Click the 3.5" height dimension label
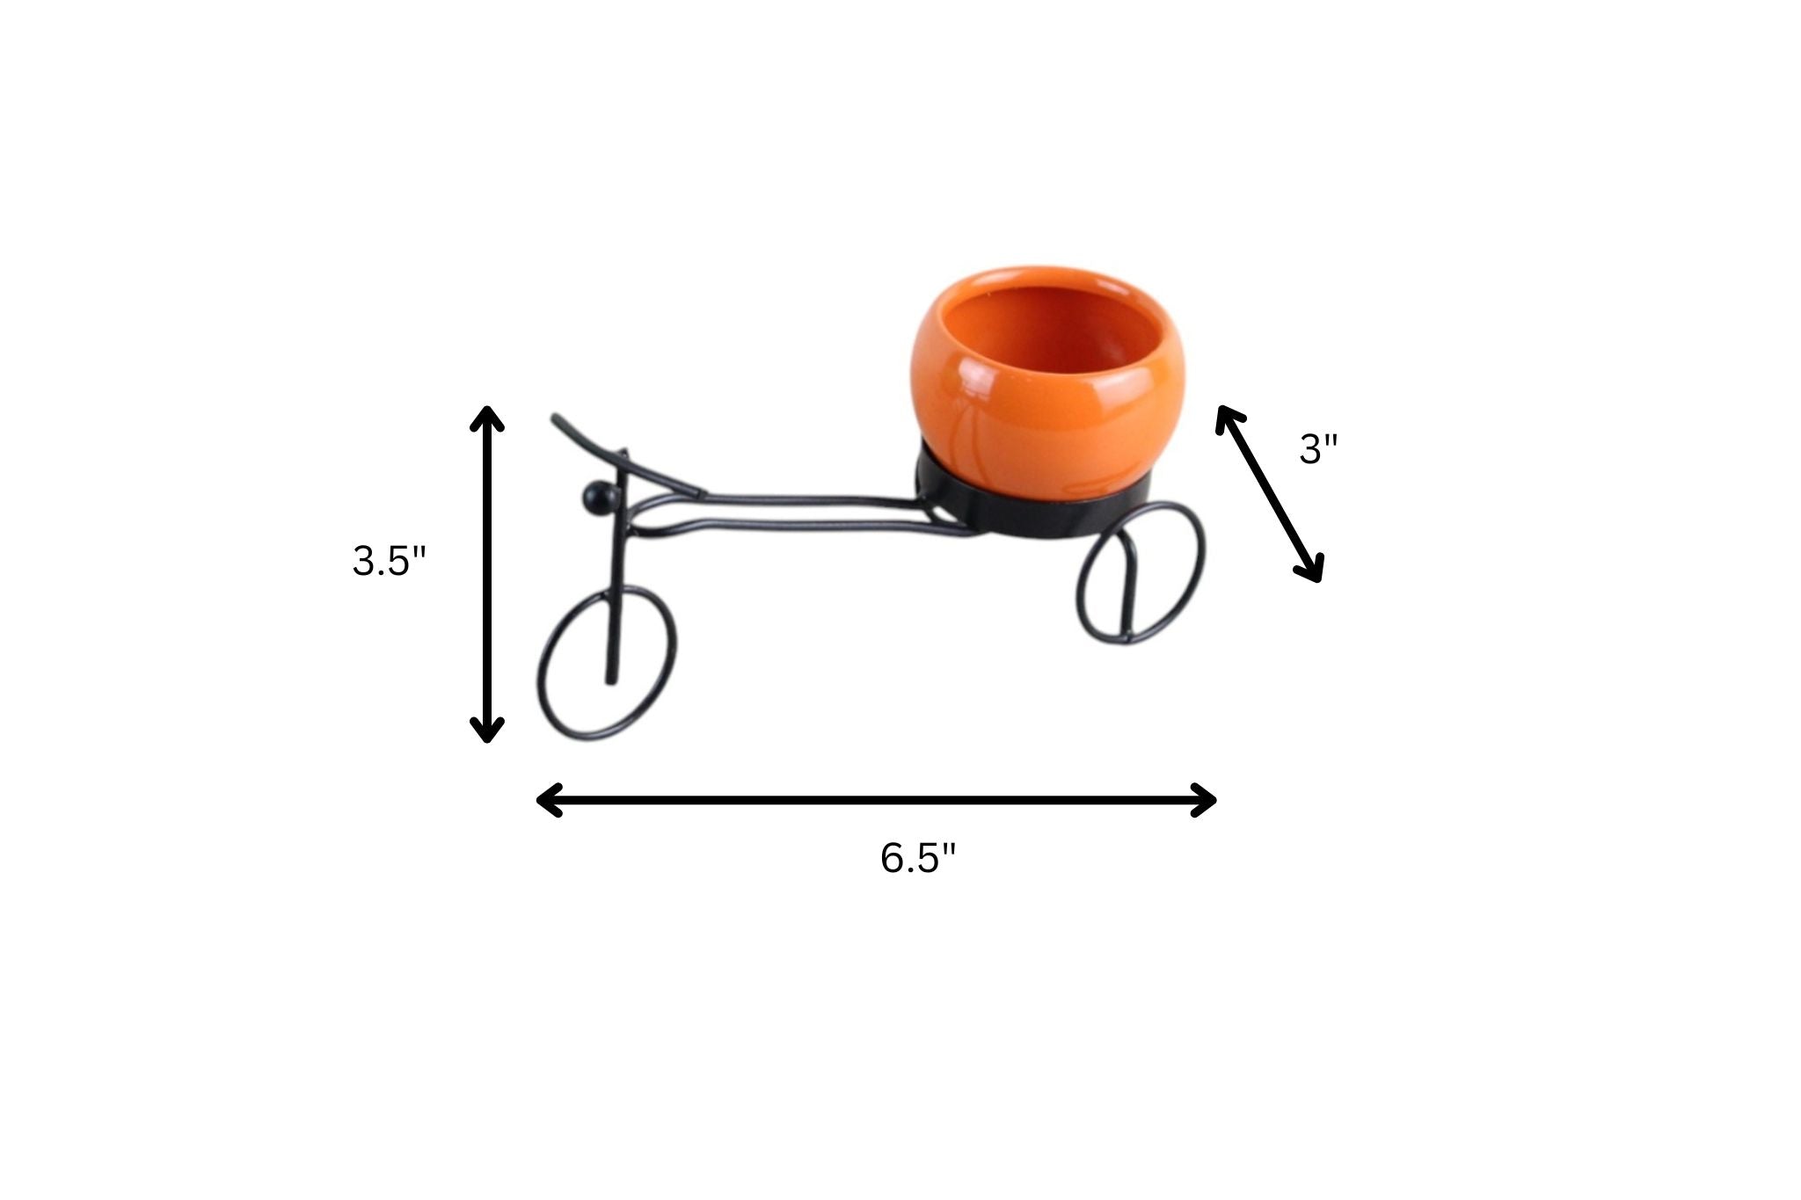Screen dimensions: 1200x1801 tap(389, 561)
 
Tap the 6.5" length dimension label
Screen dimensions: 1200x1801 tap(917, 858)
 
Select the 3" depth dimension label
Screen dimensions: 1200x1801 tap(1317, 451)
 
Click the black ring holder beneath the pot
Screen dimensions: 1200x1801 tap(1033, 514)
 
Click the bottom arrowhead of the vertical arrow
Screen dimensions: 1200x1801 tap(486, 731)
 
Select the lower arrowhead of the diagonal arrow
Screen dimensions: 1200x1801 tap(1312, 571)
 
